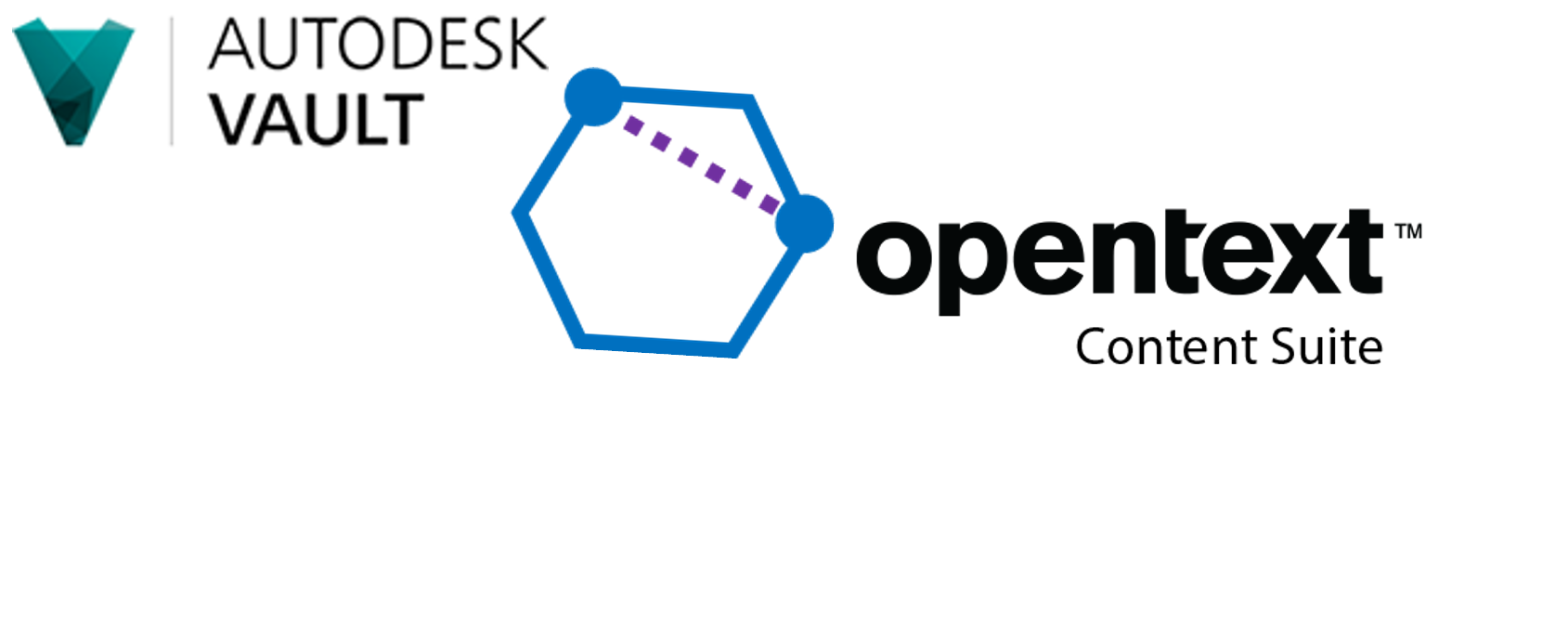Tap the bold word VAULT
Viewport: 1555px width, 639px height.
point(317,119)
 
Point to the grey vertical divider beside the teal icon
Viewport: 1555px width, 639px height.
point(172,82)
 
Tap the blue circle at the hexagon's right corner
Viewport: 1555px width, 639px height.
point(794,223)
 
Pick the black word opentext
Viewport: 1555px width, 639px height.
point(1114,255)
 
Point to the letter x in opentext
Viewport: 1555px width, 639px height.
point(1300,255)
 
